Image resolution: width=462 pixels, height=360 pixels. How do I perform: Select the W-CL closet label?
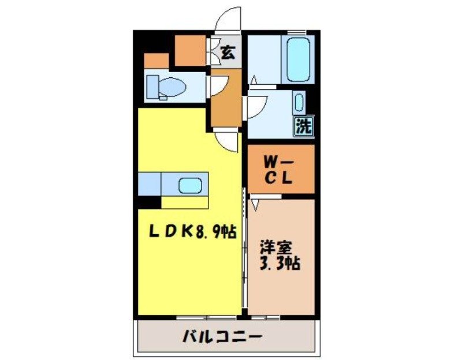[281, 169]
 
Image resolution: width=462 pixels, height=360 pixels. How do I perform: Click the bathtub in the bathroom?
[299, 59]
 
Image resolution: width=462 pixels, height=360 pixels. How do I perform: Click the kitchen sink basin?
[190, 186]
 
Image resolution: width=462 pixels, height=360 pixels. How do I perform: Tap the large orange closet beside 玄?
[191, 51]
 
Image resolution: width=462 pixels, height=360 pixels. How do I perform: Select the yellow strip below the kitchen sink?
[184, 202]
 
